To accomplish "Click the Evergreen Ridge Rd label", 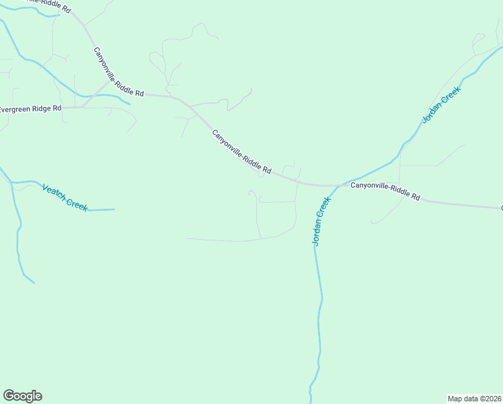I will [31, 108].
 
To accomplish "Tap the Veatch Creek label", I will [65, 197].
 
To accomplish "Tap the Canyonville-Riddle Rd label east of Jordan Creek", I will [385, 191].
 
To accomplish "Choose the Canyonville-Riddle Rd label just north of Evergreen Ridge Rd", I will [118, 72].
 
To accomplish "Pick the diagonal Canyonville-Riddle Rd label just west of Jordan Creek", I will [241, 152].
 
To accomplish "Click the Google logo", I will [22, 396].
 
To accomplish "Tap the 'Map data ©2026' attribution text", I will [475, 398].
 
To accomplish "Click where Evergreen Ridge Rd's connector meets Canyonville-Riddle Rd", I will [109, 83].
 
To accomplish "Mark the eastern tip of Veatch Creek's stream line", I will [114, 209].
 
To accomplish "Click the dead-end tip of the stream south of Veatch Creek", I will [34, 283].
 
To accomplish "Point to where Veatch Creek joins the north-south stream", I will [11, 182].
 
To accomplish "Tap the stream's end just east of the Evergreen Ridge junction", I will [130, 104].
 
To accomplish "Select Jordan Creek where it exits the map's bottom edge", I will [310, 402].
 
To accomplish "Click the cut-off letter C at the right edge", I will [501, 208].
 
